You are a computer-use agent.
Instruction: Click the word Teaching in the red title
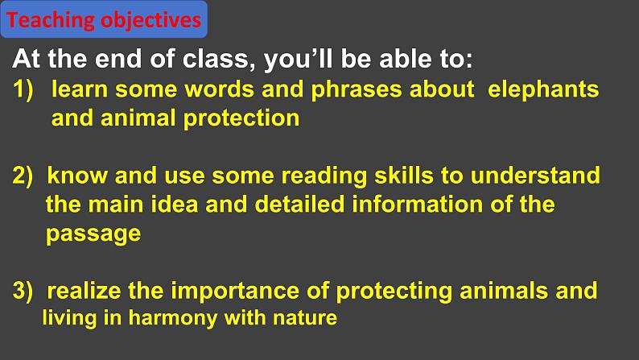pyautogui.click(x=50, y=20)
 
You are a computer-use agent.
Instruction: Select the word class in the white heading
pyautogui.click(x=215, y=59)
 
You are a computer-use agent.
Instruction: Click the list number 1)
pyautogui.click(x=23, y=89)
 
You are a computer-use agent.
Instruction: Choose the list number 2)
pyautogui.click(x=23, y=176)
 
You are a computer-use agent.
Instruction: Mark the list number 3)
pyautogui.click(x=23, y=291)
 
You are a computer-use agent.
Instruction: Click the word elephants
pyautogui.click(x=543, y=90)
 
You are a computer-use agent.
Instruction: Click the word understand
pyautogui.click(x=535, y=176)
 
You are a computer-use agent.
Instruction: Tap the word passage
pyautogui.click(x=93, y=234)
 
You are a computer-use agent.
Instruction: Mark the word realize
pyautogui.click(x=85, y=291)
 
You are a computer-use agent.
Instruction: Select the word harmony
pyautogui.click(x=173, y=318)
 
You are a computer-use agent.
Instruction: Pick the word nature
pyautogui.click(x=305, y=318)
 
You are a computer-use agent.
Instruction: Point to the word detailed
pyautogui.click(x=300, y=205)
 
